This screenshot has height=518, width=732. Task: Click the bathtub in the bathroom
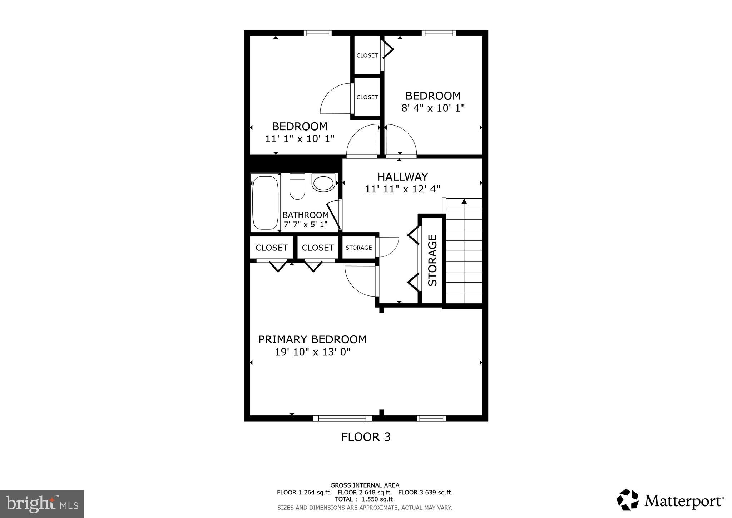pos(265,202)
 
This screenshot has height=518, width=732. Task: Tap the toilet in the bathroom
pos(297,186)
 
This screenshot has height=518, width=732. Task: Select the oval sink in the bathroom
pos(323,182)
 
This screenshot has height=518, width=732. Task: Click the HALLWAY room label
pos(402,177)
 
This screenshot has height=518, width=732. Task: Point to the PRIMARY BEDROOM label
pos(312,339)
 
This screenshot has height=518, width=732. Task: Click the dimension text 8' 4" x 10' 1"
pos(433,108)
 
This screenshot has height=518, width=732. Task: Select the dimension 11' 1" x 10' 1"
pos(300,139)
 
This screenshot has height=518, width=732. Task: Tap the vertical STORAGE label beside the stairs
pos(432,260)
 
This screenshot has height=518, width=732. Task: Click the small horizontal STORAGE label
pos(358,248)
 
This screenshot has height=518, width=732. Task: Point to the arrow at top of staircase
pos(464,202)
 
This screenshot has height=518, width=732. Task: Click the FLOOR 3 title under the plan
pos(366,437)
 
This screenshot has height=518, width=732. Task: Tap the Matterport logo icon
pos(627,500)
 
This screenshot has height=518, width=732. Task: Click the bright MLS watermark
pos(42,504)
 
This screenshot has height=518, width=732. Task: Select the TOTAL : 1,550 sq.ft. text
pos(365,499)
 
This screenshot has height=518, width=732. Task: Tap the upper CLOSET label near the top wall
pos(367,55)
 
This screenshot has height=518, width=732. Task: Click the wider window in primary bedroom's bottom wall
pos(342,418)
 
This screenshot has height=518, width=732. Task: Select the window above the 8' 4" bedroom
pos(439,33)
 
